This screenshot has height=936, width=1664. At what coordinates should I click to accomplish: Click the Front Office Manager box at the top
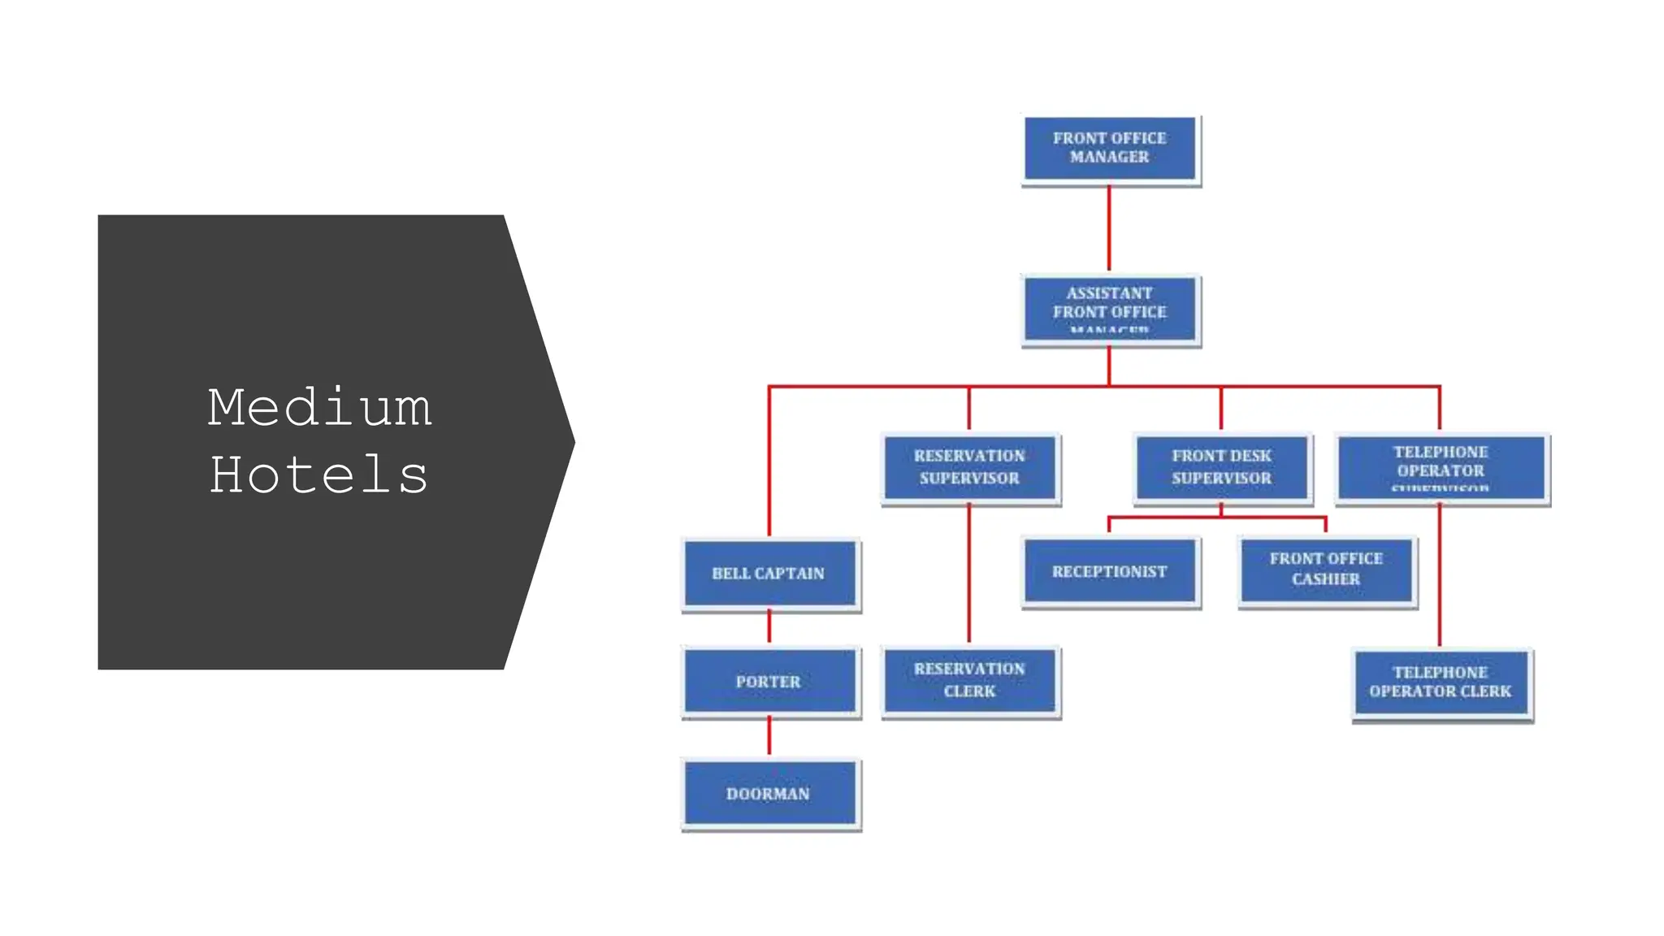tap(1110, 149)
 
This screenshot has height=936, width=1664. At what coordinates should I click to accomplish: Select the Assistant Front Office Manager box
tap(1110, 310)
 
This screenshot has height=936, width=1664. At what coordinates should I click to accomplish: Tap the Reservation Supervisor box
tap(969, 467)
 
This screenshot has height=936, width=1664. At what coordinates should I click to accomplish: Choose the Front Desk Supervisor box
tap(1221, 467)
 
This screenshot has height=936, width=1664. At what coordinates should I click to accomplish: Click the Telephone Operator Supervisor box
tap(1441, 467)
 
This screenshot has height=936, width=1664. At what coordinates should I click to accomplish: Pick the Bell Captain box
tap(769, 573)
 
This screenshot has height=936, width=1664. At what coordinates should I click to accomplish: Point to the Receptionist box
tap(1110, 571)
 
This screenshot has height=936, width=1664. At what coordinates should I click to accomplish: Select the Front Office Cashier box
tap(1326, 570)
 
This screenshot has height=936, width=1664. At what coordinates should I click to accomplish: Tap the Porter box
tap(769, 681)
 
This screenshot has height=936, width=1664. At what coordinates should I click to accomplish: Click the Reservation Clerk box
tap(969, 680)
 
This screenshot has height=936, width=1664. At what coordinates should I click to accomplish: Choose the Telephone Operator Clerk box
tap(1441, 682)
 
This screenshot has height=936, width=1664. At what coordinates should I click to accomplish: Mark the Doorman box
tap(769, 793)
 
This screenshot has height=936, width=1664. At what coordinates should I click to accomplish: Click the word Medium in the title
tap(319, 408)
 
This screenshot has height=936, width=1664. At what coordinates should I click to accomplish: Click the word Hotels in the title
tap(319, 475)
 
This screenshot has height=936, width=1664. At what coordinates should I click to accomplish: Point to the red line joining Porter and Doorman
tap(769, 735)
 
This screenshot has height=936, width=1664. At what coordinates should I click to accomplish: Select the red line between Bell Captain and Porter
tap(769, 626)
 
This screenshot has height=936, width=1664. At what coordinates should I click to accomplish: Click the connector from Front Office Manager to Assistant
tap(1109, 228)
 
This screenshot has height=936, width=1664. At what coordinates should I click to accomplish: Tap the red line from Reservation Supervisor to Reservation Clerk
tap(969, 573)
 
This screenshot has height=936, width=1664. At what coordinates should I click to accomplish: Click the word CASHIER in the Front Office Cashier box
tap(1326, 579)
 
